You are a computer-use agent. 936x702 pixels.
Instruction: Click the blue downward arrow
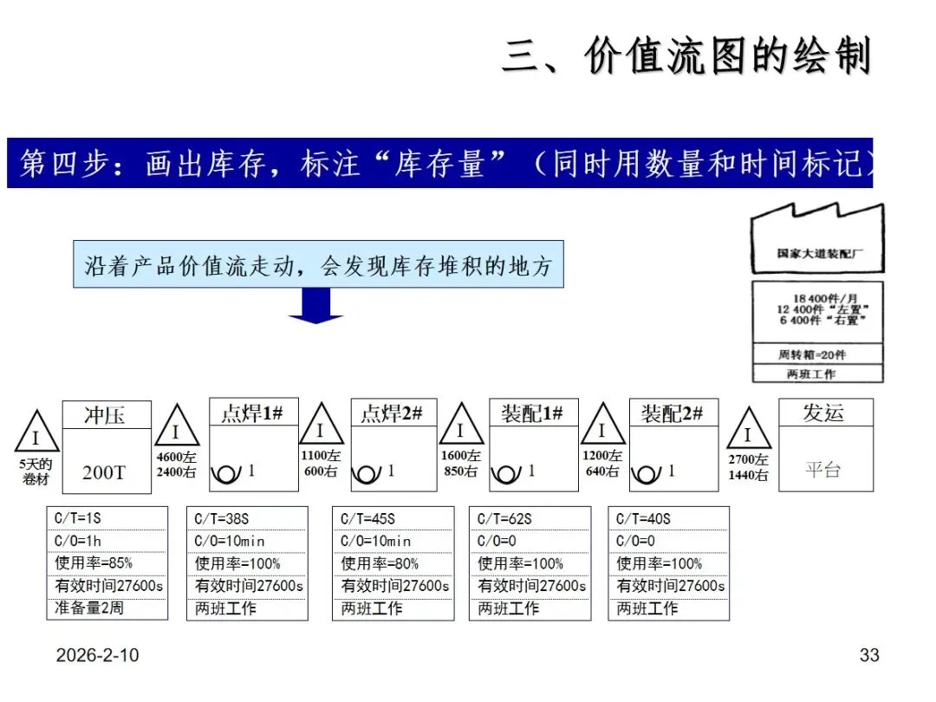[x=315, y=304]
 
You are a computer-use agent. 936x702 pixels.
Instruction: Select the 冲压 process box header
[x=105, y=414]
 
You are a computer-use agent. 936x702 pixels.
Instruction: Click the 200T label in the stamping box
[x=105, y=472]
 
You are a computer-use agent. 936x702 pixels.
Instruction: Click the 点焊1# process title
[x=252, y=413]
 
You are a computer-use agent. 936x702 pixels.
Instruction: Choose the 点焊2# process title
[x=393, y=413]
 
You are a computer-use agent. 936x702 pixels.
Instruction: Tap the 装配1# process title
[x=532, y=413]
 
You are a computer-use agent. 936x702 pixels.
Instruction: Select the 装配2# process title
[x=673, y=413]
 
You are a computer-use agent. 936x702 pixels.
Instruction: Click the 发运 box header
[x=824, y=413]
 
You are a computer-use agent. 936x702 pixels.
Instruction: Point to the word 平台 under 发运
[x=823, y=470]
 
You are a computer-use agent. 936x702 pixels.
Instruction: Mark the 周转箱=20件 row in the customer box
[x=817, y=354]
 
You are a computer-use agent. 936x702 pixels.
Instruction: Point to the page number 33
[x=869, y=655]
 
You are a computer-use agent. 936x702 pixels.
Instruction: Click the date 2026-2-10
[x=97, y=655]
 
